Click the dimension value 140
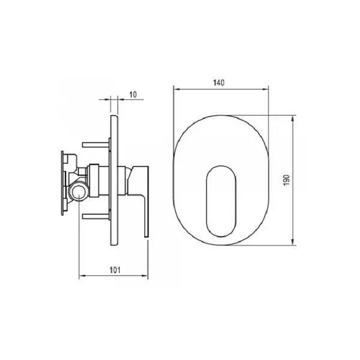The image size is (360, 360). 219,83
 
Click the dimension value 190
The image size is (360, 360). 287,180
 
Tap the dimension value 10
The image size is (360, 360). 133,94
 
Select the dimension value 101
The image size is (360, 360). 115,270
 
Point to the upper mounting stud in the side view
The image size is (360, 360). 96,145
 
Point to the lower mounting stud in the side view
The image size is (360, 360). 96,217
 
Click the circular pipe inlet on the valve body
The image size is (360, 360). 79,191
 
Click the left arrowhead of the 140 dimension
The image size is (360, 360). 176,89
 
